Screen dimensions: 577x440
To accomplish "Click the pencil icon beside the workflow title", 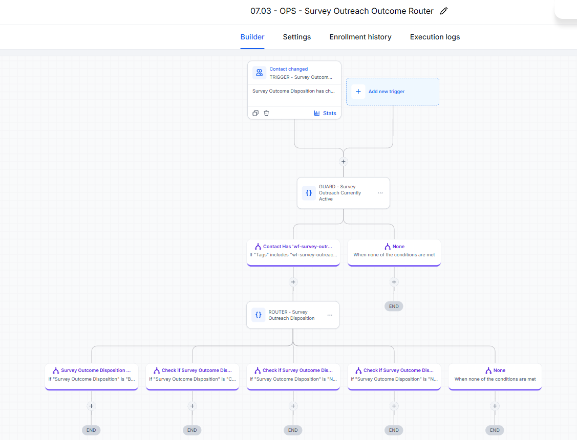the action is tap(444, 11).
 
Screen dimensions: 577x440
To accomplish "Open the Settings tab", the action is tap(296, 37).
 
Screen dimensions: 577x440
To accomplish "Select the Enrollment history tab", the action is tap(360, 37).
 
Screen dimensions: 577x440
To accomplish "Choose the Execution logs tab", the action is tap(435, 37).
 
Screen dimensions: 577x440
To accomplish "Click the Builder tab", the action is tap(252, 37).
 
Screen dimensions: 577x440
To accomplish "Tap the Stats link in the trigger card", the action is tap(325, 113).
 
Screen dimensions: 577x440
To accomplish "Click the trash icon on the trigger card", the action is tap(266, 113).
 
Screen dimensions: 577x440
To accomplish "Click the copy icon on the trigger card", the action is tap(255, 113).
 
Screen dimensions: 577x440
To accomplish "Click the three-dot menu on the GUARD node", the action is tap(380, 193).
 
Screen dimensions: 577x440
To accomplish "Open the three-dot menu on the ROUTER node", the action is tap(330, 315).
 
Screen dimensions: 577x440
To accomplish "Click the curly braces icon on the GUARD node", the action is tap(309, 193).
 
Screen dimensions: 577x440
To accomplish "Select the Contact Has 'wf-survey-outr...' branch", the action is tap(293, 253).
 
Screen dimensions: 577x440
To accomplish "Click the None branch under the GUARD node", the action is tap(394, 253).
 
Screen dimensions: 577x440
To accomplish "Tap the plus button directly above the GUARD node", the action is tap(344, 161).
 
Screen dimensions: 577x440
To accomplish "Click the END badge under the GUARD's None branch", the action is tap(394, 306).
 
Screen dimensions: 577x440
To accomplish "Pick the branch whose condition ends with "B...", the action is tap(92, 377).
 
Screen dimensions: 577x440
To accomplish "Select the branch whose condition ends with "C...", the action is tap(193, 377).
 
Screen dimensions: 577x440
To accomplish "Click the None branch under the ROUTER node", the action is tap(495, 377).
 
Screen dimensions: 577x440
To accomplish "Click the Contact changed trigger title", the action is tap(289, 69).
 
